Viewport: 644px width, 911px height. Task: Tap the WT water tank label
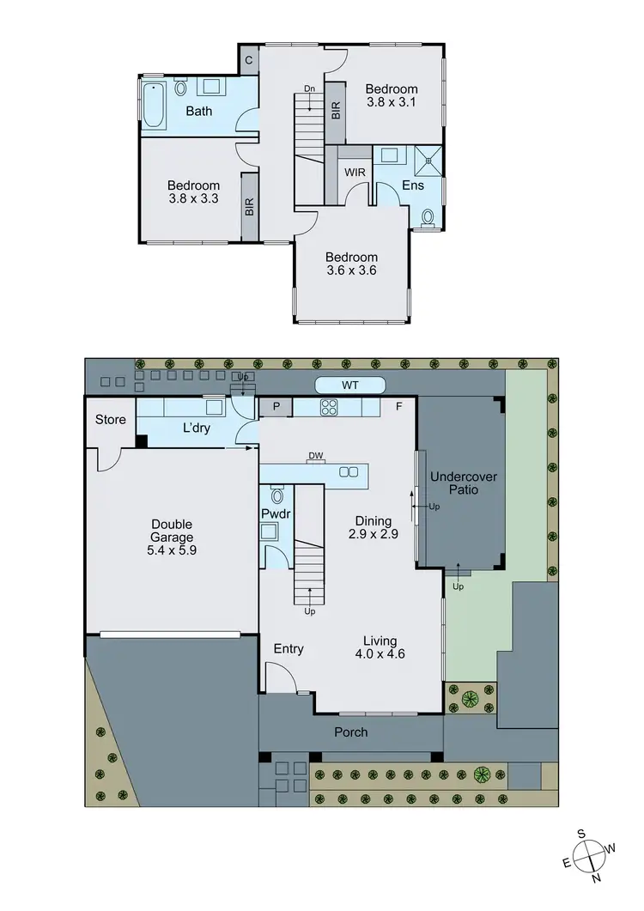point(350,386)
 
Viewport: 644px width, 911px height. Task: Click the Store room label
point(111,420)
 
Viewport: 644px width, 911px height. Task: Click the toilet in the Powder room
point(276,496)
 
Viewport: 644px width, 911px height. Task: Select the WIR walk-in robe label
point(355,173)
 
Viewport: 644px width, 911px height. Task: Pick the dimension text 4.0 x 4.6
point(379,653)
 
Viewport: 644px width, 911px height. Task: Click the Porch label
point(350,732)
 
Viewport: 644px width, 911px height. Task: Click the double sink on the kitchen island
point(349,472)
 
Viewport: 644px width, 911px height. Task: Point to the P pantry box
point(276,407)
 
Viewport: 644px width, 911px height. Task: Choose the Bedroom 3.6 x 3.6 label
point(352,264)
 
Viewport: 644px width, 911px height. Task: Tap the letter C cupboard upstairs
point(247,59)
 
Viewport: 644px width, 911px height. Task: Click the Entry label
point(289,649)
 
